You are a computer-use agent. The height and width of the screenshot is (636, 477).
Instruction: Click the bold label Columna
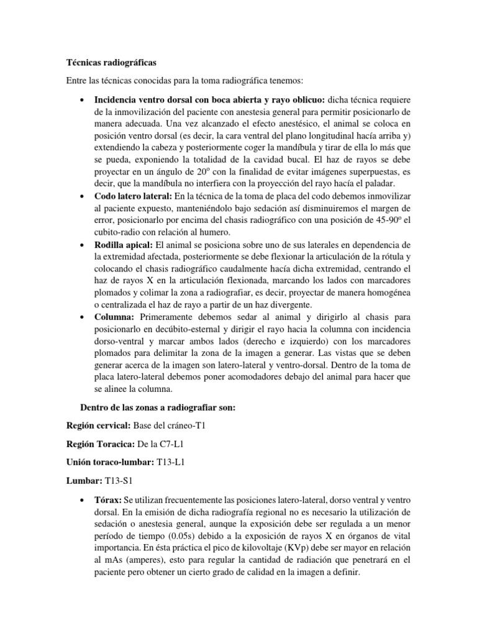[x=113, y=317]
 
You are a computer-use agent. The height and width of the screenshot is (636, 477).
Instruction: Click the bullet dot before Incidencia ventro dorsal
[x=83, y=99]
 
